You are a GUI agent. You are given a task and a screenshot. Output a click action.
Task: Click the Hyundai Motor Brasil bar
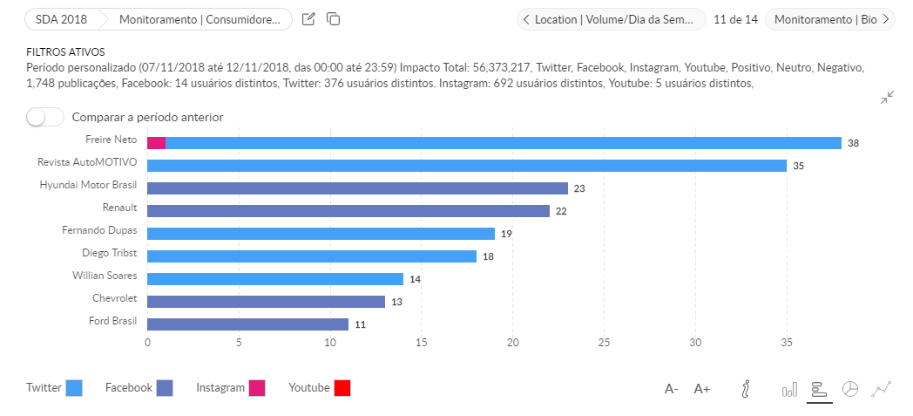357,188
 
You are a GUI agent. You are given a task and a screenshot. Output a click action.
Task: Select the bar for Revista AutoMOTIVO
466,165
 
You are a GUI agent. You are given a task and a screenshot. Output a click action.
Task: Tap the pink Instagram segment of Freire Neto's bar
156,142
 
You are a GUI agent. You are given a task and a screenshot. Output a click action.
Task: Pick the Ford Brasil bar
247,324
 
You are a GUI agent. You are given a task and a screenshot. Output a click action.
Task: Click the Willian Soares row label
105,275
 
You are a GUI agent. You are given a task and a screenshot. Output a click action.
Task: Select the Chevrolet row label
115,297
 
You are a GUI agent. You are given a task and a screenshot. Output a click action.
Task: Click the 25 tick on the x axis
604,342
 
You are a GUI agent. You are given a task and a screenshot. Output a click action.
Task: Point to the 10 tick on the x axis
329,342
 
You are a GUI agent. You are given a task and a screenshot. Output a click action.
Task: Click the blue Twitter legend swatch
74,388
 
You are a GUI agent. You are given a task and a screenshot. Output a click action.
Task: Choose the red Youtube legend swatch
342,388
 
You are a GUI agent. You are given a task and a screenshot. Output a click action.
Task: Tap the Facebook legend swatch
165,388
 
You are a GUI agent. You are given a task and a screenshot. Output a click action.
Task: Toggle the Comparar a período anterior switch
44,117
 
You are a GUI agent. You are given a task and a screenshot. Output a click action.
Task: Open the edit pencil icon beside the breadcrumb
308,19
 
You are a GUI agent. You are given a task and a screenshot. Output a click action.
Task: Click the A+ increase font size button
702,389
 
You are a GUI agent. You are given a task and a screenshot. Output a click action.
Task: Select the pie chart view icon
850,389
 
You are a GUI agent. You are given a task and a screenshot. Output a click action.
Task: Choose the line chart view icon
882,389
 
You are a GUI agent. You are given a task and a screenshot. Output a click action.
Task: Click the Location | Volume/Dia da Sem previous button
611,19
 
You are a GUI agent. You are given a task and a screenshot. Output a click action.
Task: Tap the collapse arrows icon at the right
887,98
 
